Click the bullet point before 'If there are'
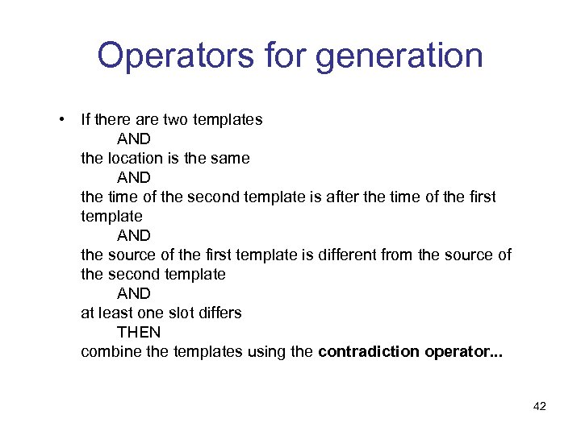point(61,119)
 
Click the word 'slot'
point(180,313)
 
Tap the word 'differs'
point(219,313)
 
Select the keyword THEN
point(139,332)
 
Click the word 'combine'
point(108,351)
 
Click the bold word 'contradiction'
point(369,351)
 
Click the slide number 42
point(540,406)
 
